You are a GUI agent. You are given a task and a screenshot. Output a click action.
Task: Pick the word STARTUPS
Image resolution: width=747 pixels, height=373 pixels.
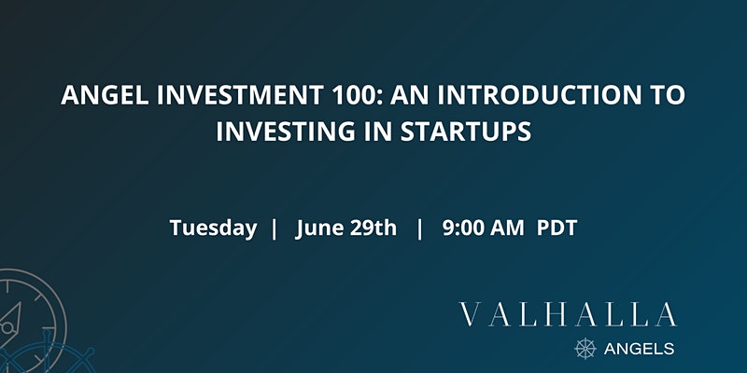(465, 131)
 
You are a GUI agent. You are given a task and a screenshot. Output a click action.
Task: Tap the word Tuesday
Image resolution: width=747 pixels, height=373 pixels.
(213, 228)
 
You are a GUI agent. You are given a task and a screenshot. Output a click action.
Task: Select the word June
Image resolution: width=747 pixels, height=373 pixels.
(318, 228)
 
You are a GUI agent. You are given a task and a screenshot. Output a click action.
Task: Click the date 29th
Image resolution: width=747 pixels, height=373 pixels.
(373, 228)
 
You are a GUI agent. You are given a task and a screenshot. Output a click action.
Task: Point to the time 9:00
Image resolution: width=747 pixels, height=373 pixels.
(461, 228)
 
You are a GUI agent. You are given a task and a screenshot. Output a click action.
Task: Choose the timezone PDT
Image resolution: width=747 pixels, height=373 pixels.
(557, 228)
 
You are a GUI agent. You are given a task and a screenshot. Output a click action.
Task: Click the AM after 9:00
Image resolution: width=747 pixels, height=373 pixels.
(507, 228)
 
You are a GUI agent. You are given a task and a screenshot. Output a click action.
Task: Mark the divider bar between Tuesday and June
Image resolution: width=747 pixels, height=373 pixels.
(274, 228)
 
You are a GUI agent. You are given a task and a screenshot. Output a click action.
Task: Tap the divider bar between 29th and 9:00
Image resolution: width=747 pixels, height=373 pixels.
(419, 228)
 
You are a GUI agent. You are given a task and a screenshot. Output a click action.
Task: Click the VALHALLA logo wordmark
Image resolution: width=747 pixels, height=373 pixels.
(568, 314)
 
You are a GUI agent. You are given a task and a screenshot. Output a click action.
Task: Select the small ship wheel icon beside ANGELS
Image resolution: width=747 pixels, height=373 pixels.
(585, 348)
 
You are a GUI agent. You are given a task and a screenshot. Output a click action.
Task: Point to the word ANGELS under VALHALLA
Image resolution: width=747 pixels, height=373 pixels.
(639, 349)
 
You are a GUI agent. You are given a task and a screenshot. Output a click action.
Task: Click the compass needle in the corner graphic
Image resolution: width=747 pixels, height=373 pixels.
(11, 320)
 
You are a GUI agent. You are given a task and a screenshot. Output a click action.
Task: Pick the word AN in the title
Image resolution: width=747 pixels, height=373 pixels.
(410, 95)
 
